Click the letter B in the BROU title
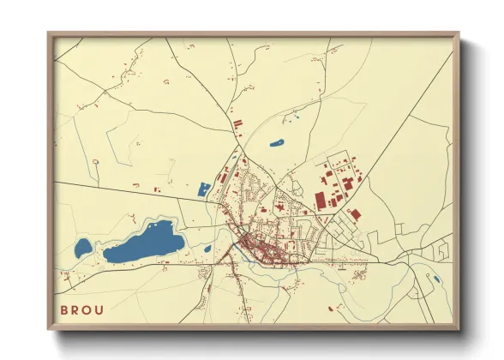63,310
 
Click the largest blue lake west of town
144,242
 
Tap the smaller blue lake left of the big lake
82,249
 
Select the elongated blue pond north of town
277,143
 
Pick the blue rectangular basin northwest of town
204,189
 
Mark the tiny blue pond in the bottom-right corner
436,279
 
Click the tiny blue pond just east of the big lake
207,249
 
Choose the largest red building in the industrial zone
321,201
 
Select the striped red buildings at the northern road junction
237,125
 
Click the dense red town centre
257,249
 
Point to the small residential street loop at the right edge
442,250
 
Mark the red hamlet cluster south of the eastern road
361,273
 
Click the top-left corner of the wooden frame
50,34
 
